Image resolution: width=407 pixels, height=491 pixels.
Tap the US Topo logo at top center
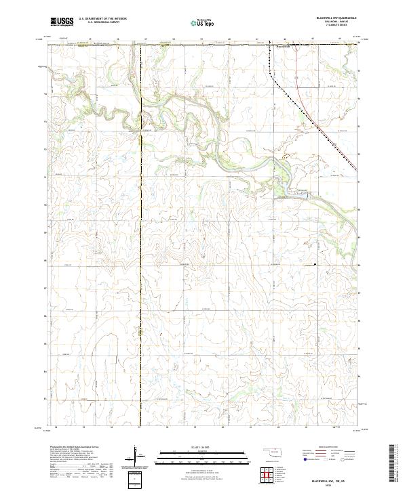(x=203, y=23)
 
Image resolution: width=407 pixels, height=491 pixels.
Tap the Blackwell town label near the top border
(x=286, y=47)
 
